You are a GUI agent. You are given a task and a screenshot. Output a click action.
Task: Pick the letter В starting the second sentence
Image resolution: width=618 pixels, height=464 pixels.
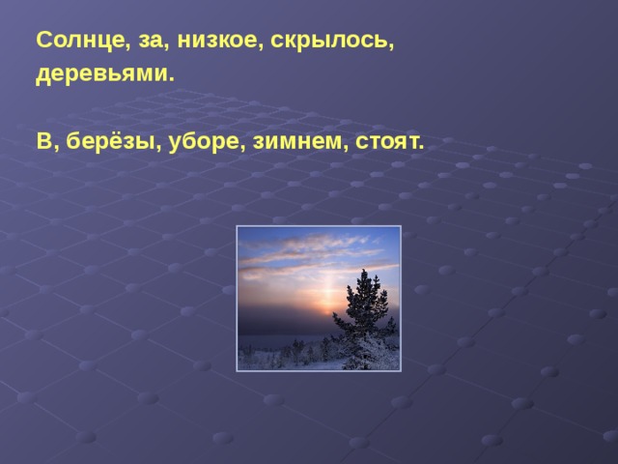tap(43, 141)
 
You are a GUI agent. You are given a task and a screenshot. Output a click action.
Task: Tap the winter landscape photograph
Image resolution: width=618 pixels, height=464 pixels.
tap(319, 299)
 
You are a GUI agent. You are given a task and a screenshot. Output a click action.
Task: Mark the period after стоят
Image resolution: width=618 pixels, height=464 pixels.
tap(421, 147)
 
